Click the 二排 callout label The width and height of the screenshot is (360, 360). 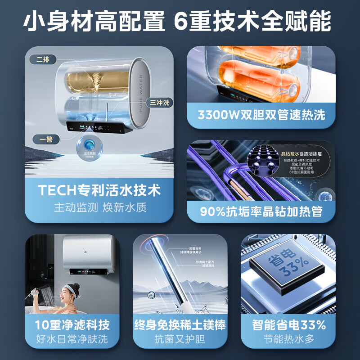click(x=43, y=59)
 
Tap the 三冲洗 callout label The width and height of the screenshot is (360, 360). click(x=159, y=103)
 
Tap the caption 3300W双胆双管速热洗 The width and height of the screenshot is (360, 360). click(x=261, y=115)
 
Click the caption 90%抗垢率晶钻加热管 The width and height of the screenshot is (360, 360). click(x=261, y=211)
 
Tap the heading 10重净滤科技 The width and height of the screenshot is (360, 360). click(x=72, y=324)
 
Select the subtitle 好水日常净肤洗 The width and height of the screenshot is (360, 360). click(x=72, y=339)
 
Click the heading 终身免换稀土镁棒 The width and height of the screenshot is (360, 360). click(x=180, y=324)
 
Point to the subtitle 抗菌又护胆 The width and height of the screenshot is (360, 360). click(x=180, y=339)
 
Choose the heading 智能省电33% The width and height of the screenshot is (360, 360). click(x=288, y=324)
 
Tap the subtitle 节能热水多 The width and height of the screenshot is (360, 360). click(x=288, y=339)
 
